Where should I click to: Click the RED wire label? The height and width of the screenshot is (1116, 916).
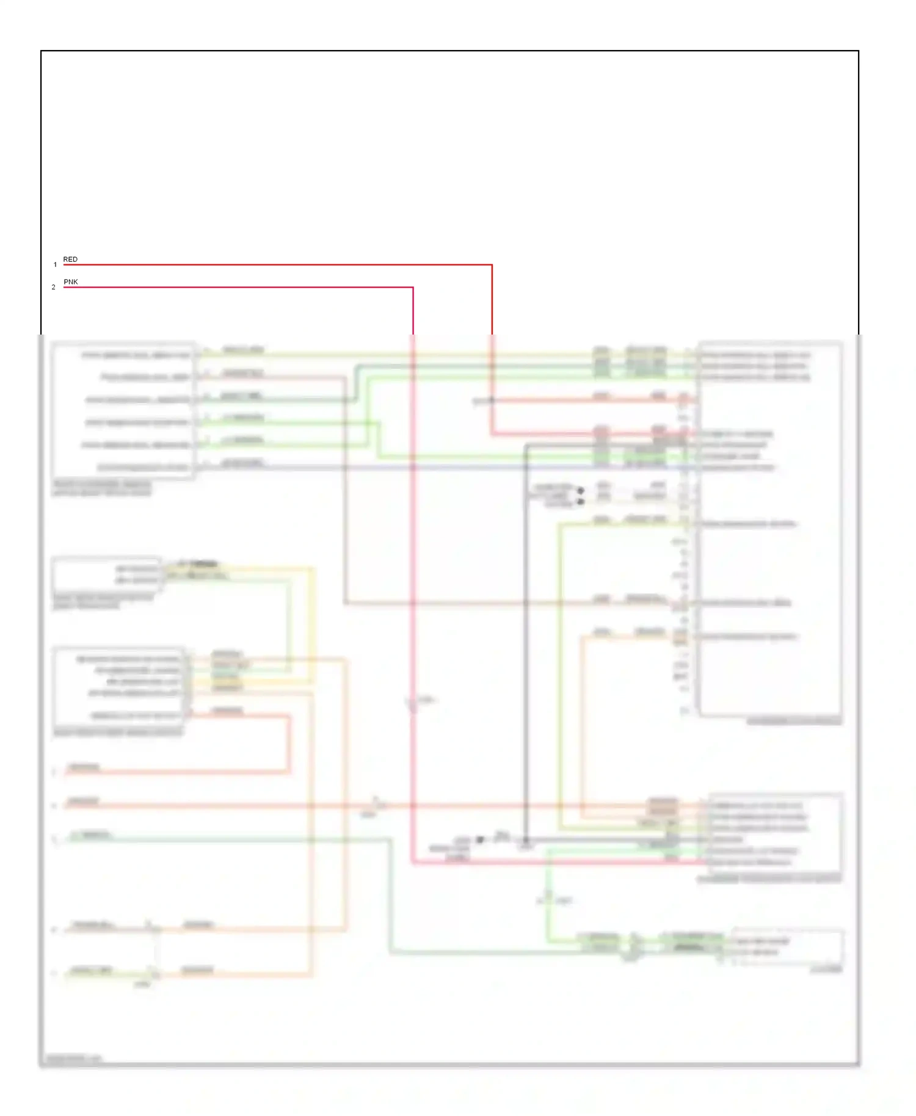point(70,259)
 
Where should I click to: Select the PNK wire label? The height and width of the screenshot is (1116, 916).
point(71,282)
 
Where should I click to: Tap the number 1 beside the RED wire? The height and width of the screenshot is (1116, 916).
point(55,265)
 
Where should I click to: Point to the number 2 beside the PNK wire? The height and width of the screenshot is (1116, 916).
point(54,288)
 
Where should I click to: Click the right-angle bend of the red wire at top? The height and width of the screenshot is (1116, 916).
point(492,265)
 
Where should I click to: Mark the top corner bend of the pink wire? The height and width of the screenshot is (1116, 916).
point(413,288)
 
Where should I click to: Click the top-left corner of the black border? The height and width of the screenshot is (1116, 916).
point(41,51)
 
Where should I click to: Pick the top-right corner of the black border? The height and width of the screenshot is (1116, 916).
point(859,51)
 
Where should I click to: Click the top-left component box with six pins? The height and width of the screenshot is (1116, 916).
point(123,410)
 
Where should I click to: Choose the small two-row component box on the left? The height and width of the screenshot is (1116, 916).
point(107,574)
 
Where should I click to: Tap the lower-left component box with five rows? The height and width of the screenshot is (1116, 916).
point(120,686)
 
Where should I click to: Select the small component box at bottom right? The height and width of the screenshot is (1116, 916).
point(788,948)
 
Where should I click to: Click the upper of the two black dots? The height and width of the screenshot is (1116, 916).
point(581,490)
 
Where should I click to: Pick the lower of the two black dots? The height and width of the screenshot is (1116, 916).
point(581,501)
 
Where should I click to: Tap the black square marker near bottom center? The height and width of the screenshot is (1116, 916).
point(480,840)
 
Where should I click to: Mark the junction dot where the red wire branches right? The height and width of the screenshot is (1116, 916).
point(492,400)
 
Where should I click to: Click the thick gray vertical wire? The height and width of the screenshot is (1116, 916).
point(526,641)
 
